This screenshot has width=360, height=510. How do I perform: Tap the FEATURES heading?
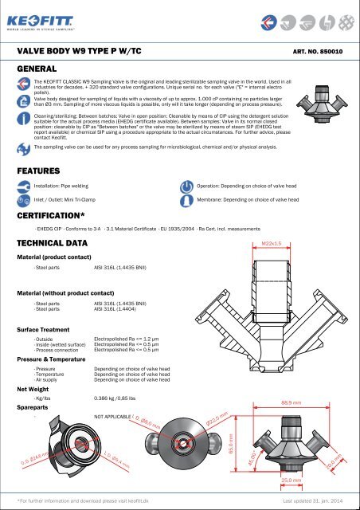coord(42,147)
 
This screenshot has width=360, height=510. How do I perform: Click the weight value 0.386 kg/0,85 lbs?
coord(121,397)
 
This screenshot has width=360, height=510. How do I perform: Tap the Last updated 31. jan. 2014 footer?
coord(314,500)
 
